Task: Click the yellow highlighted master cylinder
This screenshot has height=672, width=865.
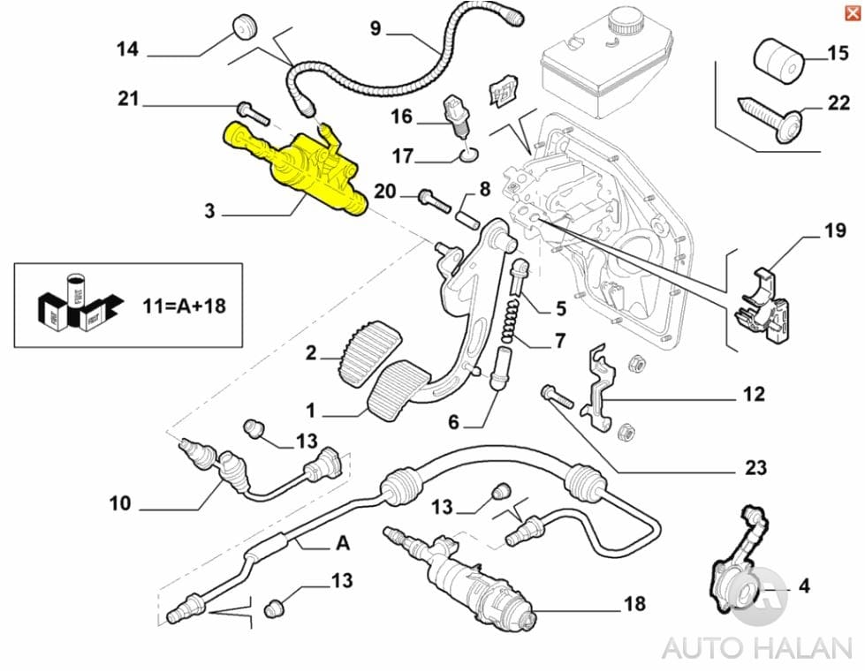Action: click(300, 168)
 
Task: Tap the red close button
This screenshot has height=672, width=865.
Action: click(851, 11)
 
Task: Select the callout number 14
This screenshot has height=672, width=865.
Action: click(128, 49)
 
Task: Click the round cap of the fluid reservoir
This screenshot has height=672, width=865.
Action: click(623, 21)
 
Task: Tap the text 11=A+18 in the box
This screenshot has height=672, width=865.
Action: click(184, 306)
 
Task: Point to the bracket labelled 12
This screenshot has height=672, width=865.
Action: click(602, 389)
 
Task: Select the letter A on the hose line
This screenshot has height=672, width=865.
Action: click(343, 544)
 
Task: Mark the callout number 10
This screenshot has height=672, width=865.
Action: click(120, 503)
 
